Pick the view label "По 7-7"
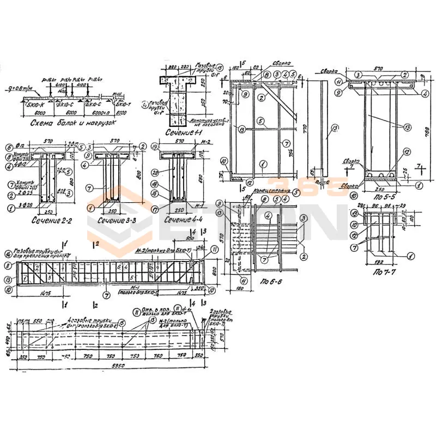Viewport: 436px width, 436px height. tap(385, 271)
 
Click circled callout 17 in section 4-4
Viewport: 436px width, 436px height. tap(155, 208)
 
